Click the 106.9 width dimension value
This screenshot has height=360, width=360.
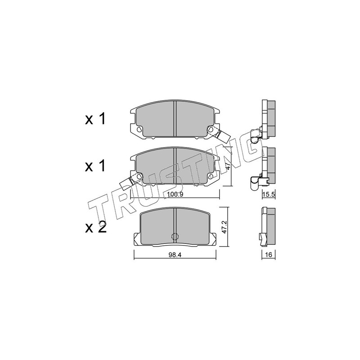tap(175, 194)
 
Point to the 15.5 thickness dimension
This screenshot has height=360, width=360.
tap(269, 195)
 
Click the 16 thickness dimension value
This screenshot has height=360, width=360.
tap(269, 255)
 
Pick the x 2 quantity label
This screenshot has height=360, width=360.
tap(96, 228)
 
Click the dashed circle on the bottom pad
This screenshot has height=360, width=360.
tap(175, 236)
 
